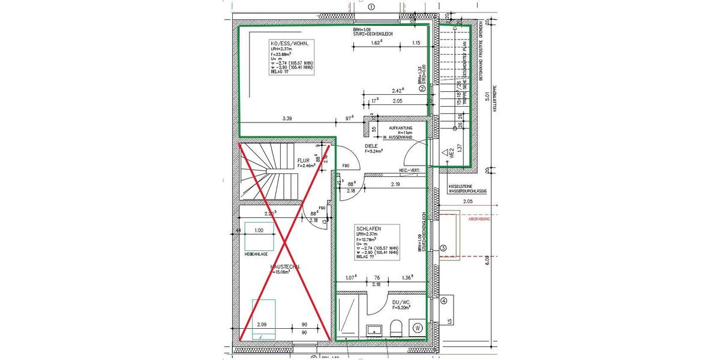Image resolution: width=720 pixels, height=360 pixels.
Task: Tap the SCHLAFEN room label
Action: point(368,229)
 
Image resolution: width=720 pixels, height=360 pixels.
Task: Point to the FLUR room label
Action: point(303,161)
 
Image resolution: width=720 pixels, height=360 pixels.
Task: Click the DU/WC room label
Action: point(400,302)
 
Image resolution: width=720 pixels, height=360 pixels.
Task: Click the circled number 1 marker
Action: point(371,7)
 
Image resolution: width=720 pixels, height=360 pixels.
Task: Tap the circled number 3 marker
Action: point(443,248)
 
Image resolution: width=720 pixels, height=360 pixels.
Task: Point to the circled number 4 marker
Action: point(443,301)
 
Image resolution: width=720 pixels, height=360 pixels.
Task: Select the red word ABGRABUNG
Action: point(479,220)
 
